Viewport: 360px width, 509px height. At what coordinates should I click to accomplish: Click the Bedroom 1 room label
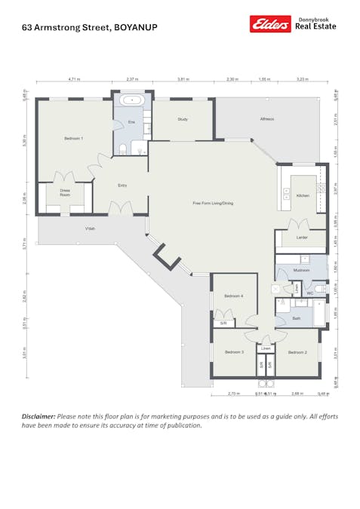(x=73, y=139)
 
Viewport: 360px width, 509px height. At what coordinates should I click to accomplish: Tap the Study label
(x=183, y=119)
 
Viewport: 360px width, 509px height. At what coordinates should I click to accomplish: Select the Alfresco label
(x=267, y=119)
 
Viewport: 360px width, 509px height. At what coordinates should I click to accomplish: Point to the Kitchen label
(x=303, y=195)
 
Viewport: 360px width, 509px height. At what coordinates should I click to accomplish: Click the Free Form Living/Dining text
(x=213, y=203)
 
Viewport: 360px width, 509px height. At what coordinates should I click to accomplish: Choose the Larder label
(x=302, y=238)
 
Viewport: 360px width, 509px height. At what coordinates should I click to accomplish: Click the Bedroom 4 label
(x=232, y=296)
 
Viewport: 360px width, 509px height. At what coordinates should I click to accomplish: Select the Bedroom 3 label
(x=233, y=352)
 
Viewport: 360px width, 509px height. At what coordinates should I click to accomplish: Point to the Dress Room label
(x=65, y=193)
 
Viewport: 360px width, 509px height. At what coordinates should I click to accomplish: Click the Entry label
(x=122, y=185)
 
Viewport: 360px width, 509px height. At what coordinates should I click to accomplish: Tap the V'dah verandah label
(x=89, y=228)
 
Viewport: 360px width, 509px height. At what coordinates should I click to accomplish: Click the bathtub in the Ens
(x=131, y=100)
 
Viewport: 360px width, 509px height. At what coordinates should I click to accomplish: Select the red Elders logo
(x=270, y=25)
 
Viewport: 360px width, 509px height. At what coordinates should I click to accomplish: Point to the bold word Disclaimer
(x=38, y=416)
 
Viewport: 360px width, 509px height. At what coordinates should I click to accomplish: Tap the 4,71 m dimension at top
(x=74, y=78)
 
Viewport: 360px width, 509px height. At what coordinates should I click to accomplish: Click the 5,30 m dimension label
(x=25, y=140)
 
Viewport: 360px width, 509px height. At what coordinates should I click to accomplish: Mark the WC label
(x=310, y=293)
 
